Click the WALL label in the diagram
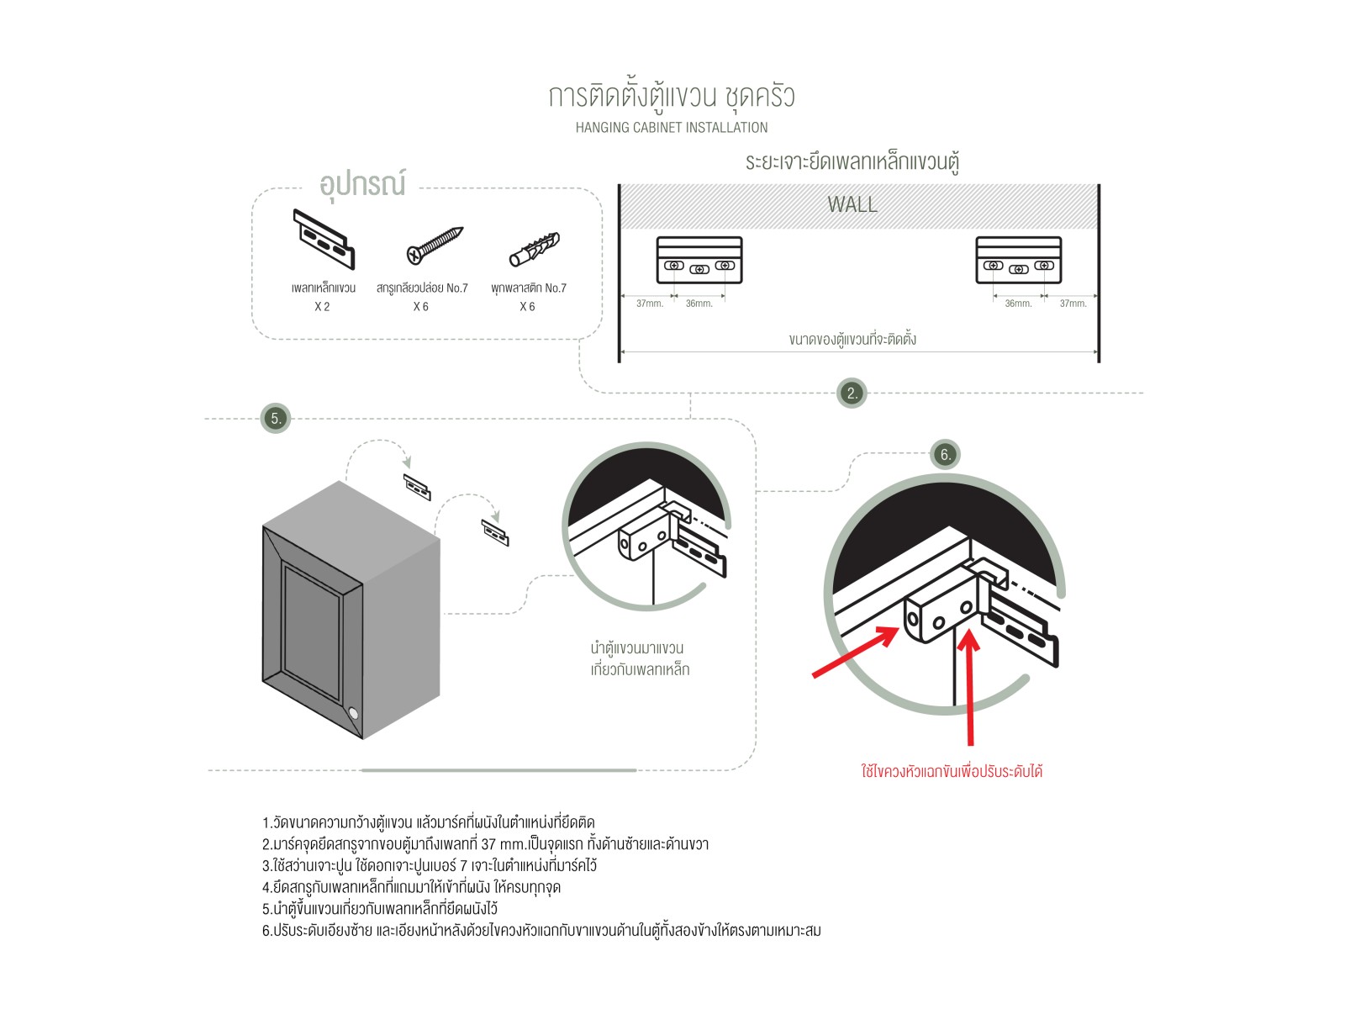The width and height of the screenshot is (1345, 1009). click(852, 204)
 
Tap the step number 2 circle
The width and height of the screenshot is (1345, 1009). click(852, 393)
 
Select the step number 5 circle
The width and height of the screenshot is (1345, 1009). click(275, 418)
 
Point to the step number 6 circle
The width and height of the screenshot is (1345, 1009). click(945, 454)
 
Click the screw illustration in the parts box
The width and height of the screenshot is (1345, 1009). click(434, 246)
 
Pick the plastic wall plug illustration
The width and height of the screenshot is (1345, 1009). click(534, 249)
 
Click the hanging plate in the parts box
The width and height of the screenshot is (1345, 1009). click(323, 240)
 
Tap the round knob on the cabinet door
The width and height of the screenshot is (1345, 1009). click(353, 714)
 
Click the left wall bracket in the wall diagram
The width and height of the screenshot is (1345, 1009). click(699, 260)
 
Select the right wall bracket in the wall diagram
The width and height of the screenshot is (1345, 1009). click(1018, 260)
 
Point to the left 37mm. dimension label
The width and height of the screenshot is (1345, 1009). click(649, 304)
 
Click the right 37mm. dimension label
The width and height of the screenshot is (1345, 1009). click(1073, 304)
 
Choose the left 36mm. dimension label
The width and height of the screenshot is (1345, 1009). click(699, 304)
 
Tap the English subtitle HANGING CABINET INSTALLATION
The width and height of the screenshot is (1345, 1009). click(671, 128)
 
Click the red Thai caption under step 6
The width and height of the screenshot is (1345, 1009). click(952, 771)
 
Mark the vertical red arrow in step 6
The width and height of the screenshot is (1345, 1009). click(970, 685)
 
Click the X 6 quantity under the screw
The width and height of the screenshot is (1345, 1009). click(420, 307)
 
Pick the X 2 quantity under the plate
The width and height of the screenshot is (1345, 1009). click(322, 307)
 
